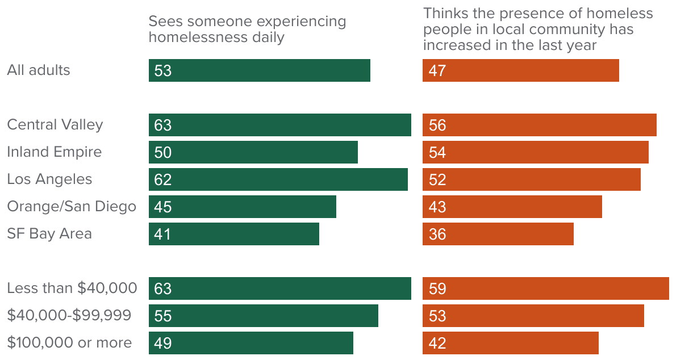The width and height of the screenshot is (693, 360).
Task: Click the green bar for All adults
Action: pyautogui.click(x=260, y=70)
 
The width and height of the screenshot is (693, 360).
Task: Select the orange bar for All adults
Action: pyautogui.click(x=520, y=70)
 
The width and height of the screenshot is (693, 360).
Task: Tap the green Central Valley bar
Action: pyautogui.click(x=279, y=125)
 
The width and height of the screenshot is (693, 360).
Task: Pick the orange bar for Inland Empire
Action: pyautogui.click(x=535, y=152)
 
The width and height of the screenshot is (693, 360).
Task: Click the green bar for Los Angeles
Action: pyautogui.click(x=278, y=179)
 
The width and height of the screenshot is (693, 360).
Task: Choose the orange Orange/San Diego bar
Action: pyautogui.click(x=512, y=207)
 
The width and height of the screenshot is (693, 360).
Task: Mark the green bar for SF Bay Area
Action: pyautogui.click(x=233, y=234)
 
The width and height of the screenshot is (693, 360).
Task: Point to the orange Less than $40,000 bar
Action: pyautogui.click(x=545, y=288)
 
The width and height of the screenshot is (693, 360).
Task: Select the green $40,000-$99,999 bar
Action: pyautogui.click(x=263, y=316)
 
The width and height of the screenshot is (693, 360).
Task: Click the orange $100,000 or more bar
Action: pyautogui.click(x=510, y=343)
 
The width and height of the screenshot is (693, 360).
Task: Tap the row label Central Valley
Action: pyautogui.click(x=55, y=125)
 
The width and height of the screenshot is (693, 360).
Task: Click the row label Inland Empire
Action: pyautogui.click(x=55, y=152)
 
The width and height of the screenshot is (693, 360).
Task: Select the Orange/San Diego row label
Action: pyautogui.click(x=72, y=207)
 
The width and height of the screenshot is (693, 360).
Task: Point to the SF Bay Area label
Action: pyautogui.click(x=49, y=234)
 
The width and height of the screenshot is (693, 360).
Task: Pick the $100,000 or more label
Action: pyautogui.click(x=69, y=343)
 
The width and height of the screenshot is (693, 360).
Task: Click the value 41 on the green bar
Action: pyautogui.click(x=162, y=234)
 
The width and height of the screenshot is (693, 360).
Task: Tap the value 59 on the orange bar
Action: pyautogui.click(x=437, y=288)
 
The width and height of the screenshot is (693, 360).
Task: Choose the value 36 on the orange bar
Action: pyautogui.click(x=437, y=234)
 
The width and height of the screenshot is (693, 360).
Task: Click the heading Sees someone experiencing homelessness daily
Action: pyautogui.click(x=247, y=30)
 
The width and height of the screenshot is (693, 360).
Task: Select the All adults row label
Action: pyautogui.click(x=39, y=70)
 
